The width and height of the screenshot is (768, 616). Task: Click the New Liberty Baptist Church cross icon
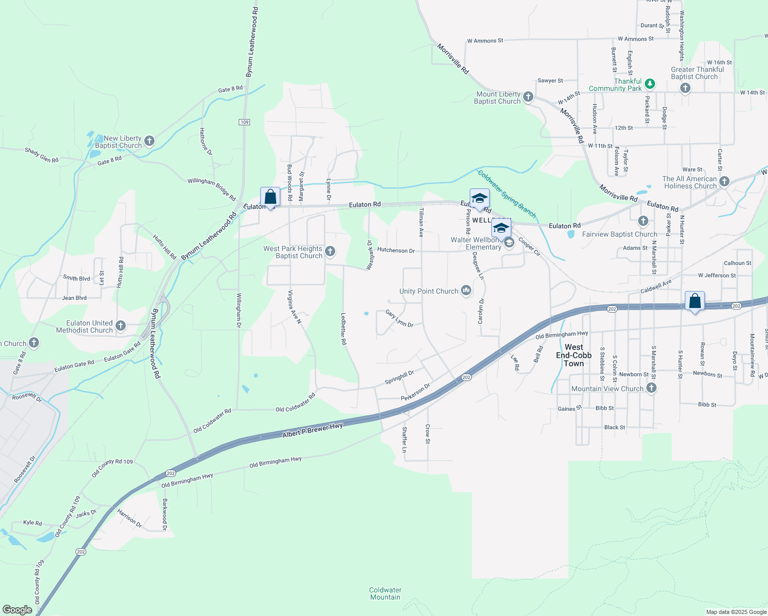click(149, 141)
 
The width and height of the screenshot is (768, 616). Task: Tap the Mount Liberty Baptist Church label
click(497, 98)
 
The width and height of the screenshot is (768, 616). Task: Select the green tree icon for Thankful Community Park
click(650, 83)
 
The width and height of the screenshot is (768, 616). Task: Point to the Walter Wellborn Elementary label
click(476, 243)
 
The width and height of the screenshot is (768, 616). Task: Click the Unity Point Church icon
click(466, 291)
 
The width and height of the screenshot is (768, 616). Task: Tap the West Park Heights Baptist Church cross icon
click(331, 251)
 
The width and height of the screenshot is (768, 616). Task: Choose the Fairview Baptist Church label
click(619, 234)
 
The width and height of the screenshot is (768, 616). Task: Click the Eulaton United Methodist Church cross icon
click(121, 325)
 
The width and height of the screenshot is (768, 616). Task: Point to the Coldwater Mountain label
click(385, 593)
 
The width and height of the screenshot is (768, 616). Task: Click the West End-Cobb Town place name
click(573, 355)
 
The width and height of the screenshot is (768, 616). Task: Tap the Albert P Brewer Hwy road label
click(312, 431)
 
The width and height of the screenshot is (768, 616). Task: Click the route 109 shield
click(244, 122)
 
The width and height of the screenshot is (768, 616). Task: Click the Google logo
click(17, 609)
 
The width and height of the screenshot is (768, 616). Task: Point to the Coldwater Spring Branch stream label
click(507, 194)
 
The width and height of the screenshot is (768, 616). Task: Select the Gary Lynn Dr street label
click(399, 318)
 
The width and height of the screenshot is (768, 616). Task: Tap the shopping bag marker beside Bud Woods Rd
click(270, 197)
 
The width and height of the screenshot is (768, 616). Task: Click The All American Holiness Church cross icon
click(724, 181)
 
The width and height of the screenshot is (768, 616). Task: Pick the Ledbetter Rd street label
click(343, 329)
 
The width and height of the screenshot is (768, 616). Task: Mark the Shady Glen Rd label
click(42, 155)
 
